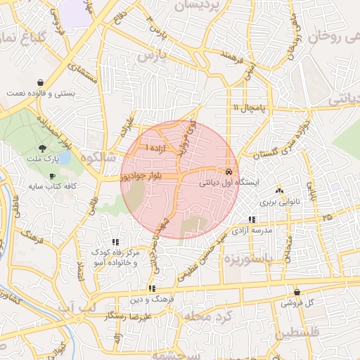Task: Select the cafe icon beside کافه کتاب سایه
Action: point(52,176)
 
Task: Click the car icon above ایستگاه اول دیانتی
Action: point(229,171)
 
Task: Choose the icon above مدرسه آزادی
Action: point(252,220)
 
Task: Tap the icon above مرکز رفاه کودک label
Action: point(116,242)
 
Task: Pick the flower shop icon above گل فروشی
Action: point(297,292)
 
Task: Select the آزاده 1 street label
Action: point(155,148)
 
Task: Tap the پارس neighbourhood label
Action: point(155,55)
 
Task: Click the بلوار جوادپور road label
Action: point(144,176)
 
